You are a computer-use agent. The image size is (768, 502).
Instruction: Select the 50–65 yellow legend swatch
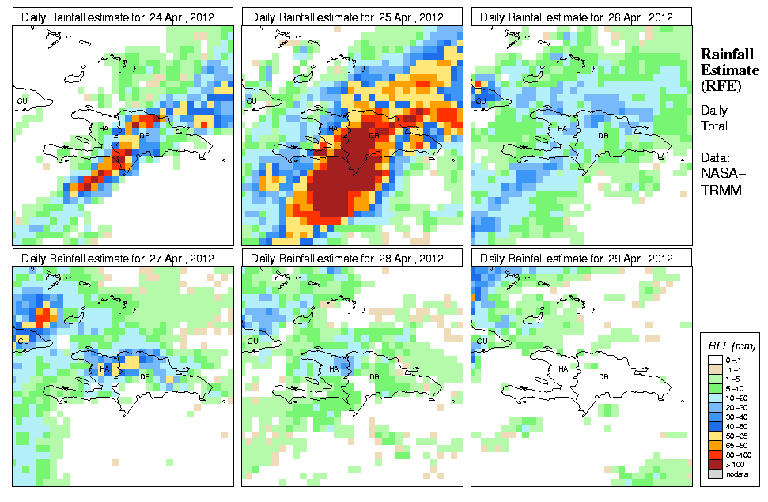pos(715,435)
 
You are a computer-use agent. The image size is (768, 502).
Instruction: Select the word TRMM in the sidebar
pos(719,187)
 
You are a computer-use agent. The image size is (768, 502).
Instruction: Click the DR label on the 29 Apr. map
pos(603,376)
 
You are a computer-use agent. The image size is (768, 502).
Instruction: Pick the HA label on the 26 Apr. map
pos(563,128)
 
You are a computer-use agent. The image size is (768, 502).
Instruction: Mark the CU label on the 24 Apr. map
pos(22,100)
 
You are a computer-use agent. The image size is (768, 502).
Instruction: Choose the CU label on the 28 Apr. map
pos(252,341)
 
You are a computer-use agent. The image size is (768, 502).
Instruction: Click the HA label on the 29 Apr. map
pos(563,368)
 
